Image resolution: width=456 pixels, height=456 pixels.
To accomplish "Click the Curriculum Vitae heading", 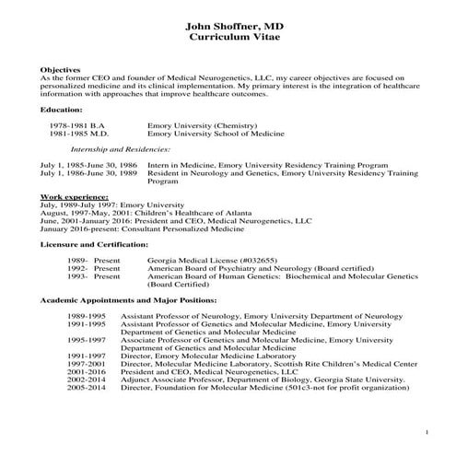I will (228, 35).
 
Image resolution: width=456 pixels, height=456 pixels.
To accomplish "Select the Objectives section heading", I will (61, 70).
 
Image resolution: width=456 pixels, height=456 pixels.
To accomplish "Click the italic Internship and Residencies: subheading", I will (120, 147).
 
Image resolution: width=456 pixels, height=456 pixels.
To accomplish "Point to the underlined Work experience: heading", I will (75, 197).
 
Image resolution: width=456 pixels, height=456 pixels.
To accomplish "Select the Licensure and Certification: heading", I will (94, 244).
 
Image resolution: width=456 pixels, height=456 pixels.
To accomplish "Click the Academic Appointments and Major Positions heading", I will (128, 300).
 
